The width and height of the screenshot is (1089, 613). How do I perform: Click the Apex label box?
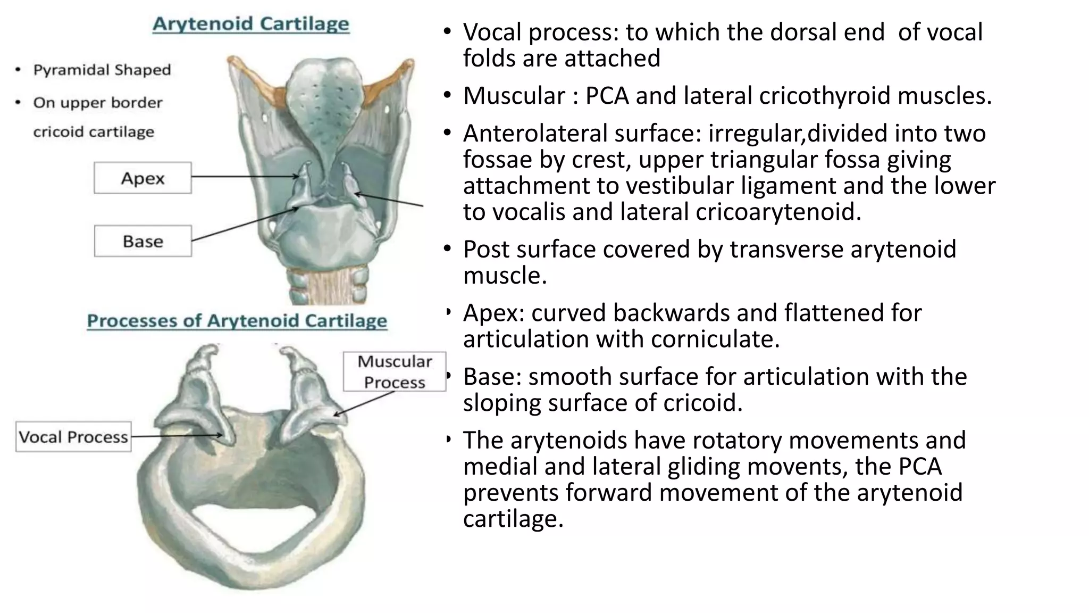(x=143, y=178)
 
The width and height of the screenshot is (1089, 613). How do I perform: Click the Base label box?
(x=143, y=241)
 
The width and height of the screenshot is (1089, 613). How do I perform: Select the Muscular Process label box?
(x=394, y=371)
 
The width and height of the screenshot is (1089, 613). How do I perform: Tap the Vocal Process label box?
(x=73, y=437)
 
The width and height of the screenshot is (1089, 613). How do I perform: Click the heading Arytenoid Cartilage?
(x=251, y=24)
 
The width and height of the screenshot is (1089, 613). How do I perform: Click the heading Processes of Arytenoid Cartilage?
(x=237, y=321)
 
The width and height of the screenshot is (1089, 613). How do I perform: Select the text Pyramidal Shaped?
(x=102, y=70)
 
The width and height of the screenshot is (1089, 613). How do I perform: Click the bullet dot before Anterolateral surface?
(x=448, y=133)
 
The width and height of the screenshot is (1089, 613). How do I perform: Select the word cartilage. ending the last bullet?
(x=513, y=518)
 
